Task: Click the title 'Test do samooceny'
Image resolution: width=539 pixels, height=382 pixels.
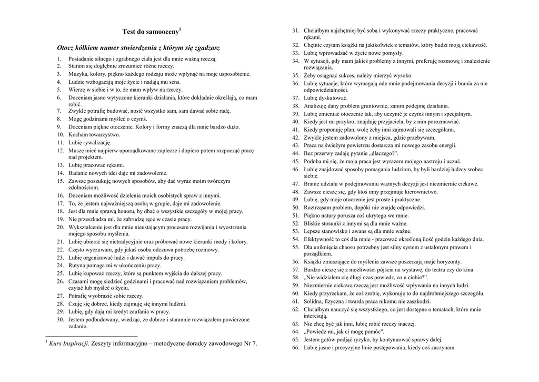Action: click(151, 32)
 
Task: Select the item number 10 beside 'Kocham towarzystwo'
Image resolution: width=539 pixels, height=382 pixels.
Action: click(61, 134)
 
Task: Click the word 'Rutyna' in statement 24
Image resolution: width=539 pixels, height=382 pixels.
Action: click(77, 266)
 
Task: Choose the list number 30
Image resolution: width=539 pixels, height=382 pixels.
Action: click(61, 319)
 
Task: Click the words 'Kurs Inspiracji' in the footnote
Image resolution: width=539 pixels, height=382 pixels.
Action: click(69, 344)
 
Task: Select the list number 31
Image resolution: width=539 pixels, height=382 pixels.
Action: click(295, 31)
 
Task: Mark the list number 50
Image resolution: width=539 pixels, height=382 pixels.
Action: click(295, 208)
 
